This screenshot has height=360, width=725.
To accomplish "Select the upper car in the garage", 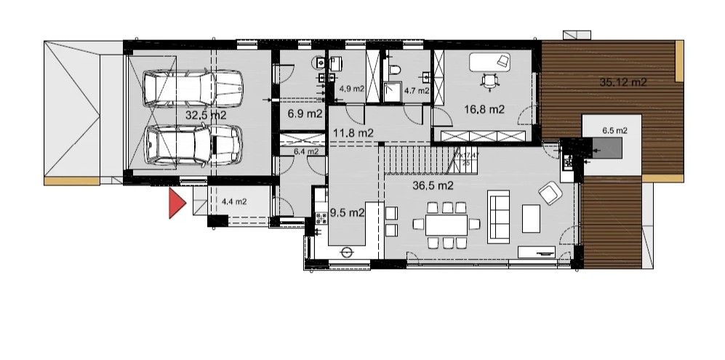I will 193,87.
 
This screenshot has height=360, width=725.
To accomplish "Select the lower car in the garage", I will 193,143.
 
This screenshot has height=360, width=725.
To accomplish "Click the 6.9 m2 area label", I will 305,114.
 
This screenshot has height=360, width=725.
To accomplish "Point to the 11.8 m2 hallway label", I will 353,133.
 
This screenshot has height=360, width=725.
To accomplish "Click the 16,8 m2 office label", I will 484,110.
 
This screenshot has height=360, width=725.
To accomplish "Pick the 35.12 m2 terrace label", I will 623,82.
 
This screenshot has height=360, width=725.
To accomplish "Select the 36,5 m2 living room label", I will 433,185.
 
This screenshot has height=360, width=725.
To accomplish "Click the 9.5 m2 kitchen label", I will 347,213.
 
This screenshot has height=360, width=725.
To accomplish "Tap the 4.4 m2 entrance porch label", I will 233,202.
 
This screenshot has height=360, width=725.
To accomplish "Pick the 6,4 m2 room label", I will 306,152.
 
